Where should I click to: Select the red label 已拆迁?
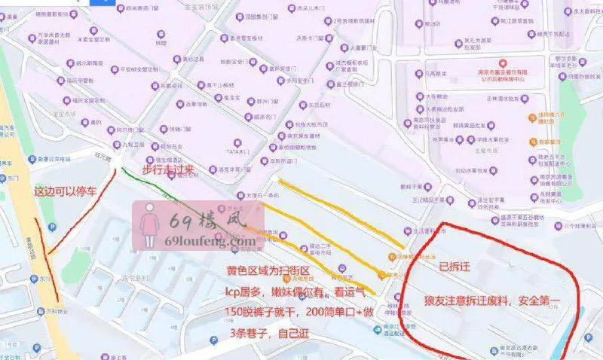(455, 266)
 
